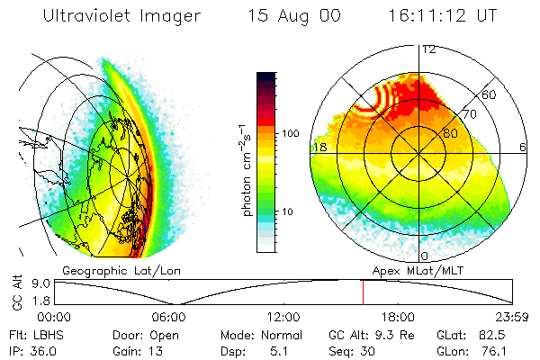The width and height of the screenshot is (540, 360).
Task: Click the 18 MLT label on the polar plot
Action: click(x=319, y=147)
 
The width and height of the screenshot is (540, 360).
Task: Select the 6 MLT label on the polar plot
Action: click(x=523, y=147)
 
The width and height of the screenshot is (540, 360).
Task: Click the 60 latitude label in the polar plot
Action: click(x=490, y=94)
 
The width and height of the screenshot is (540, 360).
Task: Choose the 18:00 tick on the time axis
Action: click(x=398, y=317)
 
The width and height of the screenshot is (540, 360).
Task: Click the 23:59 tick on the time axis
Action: click(x=512, y=317)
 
